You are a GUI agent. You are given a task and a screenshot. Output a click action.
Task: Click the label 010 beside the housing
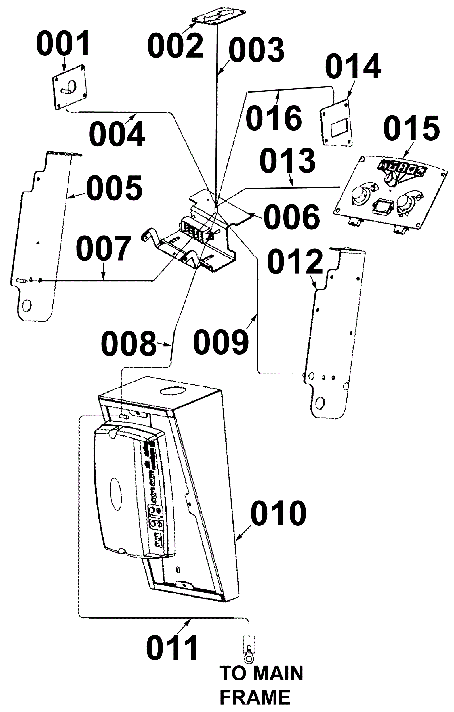coord(278,514)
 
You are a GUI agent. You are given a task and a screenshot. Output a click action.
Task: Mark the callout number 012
coord(295,261)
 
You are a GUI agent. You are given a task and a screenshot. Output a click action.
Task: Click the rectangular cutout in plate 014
coord(340,128)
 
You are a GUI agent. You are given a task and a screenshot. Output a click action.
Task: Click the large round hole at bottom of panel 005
coord(26,305)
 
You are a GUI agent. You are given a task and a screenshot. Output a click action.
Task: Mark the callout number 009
coord(221,342)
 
